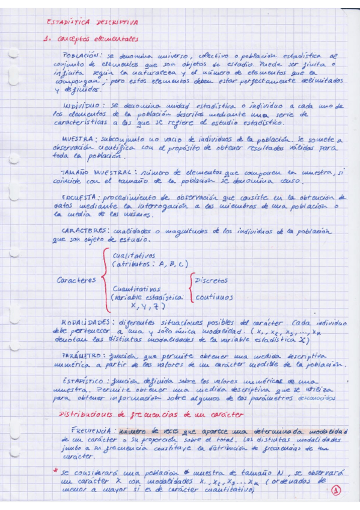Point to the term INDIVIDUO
tap(81, 105)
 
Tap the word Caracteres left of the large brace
tap(76, 280)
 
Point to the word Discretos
tap(211, 281)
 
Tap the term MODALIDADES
tap(84, 322)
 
